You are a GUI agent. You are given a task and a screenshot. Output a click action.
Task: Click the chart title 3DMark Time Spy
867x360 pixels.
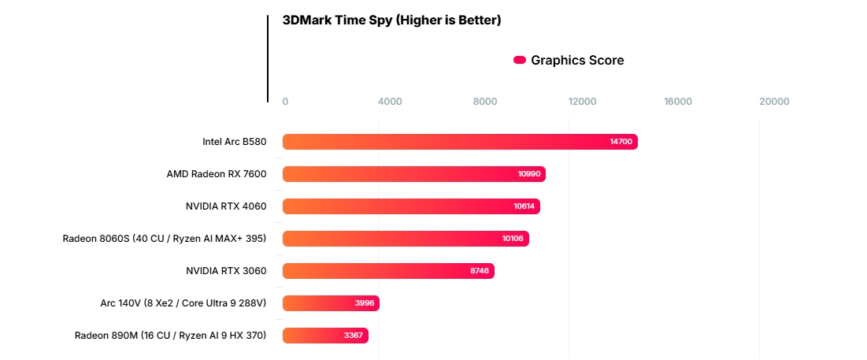(x=391, y=20)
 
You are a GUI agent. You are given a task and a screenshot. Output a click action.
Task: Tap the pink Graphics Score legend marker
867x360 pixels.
(x=520, y=60)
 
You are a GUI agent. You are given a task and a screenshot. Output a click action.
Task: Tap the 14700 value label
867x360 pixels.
(x=621, y=142)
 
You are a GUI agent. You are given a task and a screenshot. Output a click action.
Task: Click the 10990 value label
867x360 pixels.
(x=529, y=174)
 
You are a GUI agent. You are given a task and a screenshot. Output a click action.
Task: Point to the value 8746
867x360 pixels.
(x=480, y=271)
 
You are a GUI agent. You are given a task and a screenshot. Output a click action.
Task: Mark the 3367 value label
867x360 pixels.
(x=354, y=336)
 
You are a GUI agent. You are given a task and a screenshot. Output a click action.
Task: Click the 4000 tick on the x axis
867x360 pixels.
(x=390, y=102)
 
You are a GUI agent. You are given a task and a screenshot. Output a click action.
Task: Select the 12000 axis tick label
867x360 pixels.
(x=582, y=102)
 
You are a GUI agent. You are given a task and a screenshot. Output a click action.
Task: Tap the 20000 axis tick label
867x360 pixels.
(x=773, y=102)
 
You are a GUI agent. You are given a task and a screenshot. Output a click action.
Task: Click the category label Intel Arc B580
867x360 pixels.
(x=235, y=143)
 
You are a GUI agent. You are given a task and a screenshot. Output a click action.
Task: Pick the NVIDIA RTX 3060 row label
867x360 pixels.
(x=226, y=271)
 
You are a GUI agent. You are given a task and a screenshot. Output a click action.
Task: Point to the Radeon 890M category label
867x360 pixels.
(x=170, y=336)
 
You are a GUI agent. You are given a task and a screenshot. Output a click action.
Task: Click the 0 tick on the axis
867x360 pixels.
(x=285, y=102)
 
